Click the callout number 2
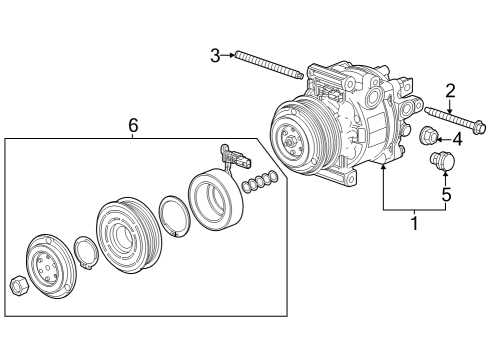[450, 92]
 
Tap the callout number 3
[214, 55]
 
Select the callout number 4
[457, 138]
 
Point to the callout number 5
[446, 195]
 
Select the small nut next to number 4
[428, 137]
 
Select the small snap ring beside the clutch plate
[86, 255]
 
